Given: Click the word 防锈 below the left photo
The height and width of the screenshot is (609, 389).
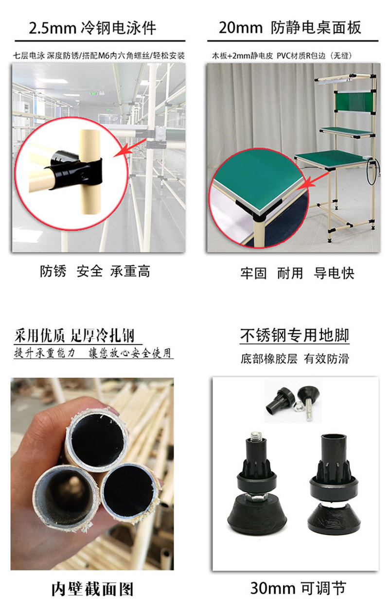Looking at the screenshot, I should (53, 271).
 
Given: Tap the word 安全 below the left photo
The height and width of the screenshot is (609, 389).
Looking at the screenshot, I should (89, 271).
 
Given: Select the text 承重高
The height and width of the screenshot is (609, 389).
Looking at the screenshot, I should (130, 271).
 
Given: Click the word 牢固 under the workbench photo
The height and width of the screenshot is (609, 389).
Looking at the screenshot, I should (253, 273).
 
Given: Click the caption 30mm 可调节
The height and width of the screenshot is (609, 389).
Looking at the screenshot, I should (298, 588).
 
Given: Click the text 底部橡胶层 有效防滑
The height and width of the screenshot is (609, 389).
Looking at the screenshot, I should (295, 359).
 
